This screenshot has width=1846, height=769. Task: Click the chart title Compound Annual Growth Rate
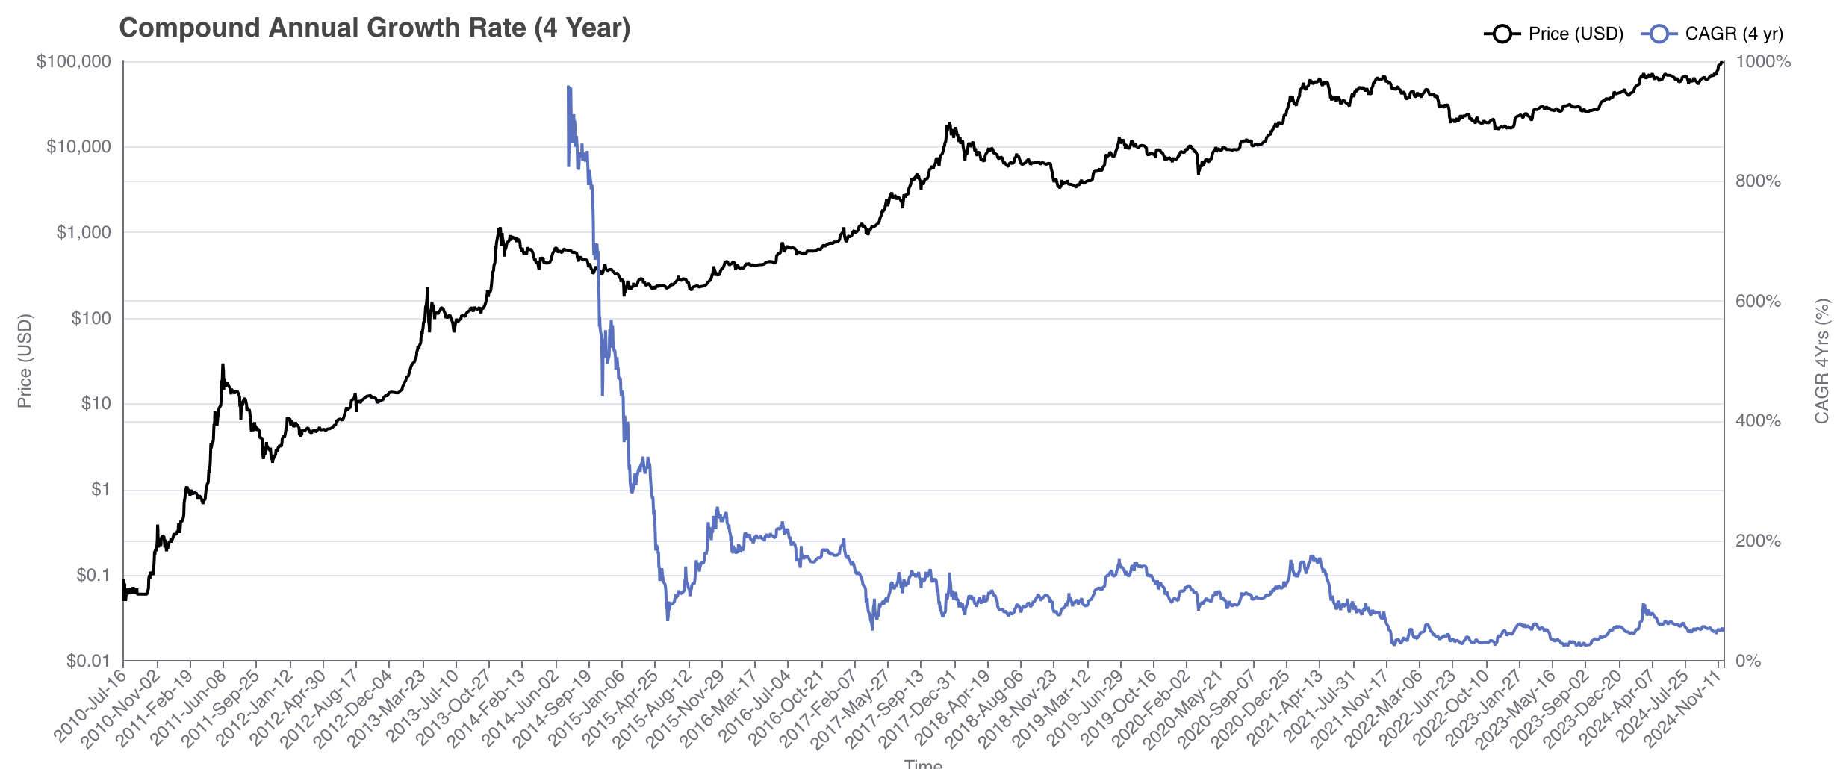pos(374,28)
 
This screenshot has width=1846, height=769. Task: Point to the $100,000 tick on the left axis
pos(74,61)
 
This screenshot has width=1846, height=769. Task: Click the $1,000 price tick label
pos(84,232)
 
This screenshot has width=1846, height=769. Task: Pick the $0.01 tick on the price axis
pos(88,661)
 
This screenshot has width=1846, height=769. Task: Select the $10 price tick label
pos(96,404)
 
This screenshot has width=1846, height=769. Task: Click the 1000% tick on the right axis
pos(1763,61)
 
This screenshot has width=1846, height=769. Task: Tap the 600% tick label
pos(1758,301)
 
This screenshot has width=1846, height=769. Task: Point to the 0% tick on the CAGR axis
pos(1748,661)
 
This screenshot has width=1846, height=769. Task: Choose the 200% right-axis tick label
pos(1758,541)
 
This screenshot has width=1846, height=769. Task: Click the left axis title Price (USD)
pos(25,361)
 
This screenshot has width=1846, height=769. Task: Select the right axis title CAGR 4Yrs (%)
pos(1821,361)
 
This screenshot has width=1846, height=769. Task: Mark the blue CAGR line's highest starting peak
pos(568,87)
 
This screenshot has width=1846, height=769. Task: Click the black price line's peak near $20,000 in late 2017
pos(949,123)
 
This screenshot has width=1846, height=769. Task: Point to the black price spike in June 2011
pos(223,365)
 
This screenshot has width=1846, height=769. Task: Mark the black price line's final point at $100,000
pos(1722,62)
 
